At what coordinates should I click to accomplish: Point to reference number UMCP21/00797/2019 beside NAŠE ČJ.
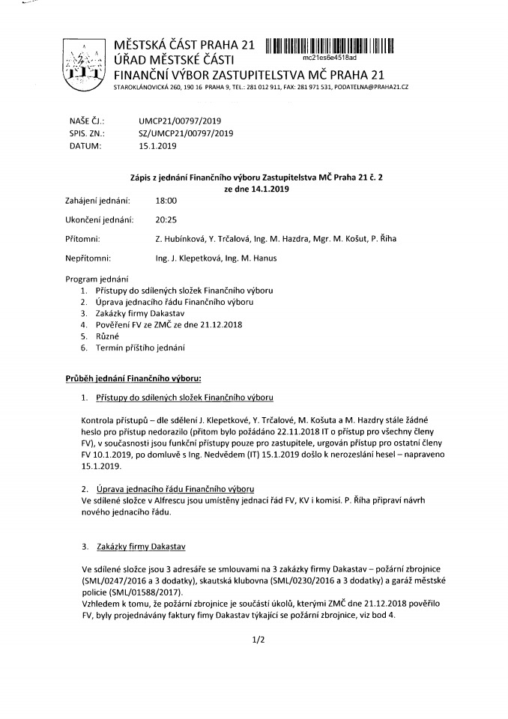point(180,120)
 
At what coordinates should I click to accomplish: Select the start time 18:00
point(166,201)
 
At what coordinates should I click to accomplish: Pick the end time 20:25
point(166,219)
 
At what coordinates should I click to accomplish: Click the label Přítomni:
point(83,239)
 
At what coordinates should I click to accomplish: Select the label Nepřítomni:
point(88,258)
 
